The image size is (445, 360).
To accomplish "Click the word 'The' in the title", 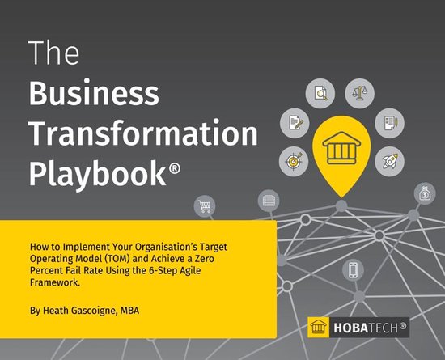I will point(55,53).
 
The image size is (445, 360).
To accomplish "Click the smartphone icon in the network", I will point(353,269).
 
